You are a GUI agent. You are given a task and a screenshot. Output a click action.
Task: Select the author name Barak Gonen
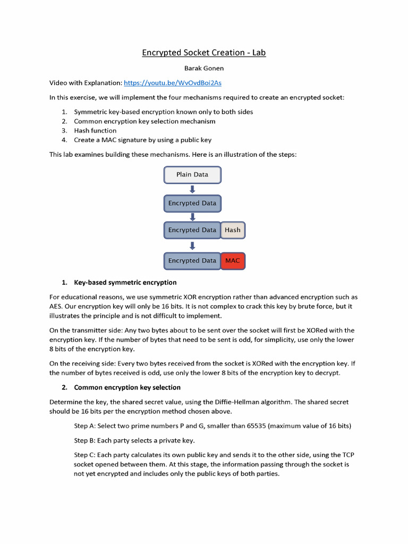point(203,69)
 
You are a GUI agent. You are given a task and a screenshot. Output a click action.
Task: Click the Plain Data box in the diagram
point(192,174)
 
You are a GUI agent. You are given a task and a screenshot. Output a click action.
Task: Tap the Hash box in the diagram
point(233,230)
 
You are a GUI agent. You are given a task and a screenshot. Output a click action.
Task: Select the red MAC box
point(233,261)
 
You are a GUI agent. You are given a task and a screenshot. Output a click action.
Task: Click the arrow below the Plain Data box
point(192,189)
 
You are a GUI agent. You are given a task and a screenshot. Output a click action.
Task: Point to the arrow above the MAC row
point(192,245)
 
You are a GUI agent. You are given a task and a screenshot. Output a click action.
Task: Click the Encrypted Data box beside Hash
point(192,230)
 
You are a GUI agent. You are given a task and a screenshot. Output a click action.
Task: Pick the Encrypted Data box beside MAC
point(192,261)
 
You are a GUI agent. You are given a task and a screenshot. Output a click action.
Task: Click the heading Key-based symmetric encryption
point(125,282)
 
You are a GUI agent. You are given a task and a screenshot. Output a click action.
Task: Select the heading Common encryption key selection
point(127,387)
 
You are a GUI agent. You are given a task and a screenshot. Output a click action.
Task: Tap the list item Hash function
point(95,130)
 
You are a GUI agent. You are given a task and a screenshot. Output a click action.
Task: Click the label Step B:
point(85,440)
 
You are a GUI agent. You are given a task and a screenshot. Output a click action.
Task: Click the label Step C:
point(85,455)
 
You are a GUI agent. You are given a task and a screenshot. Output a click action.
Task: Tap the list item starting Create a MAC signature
point(142,140)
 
